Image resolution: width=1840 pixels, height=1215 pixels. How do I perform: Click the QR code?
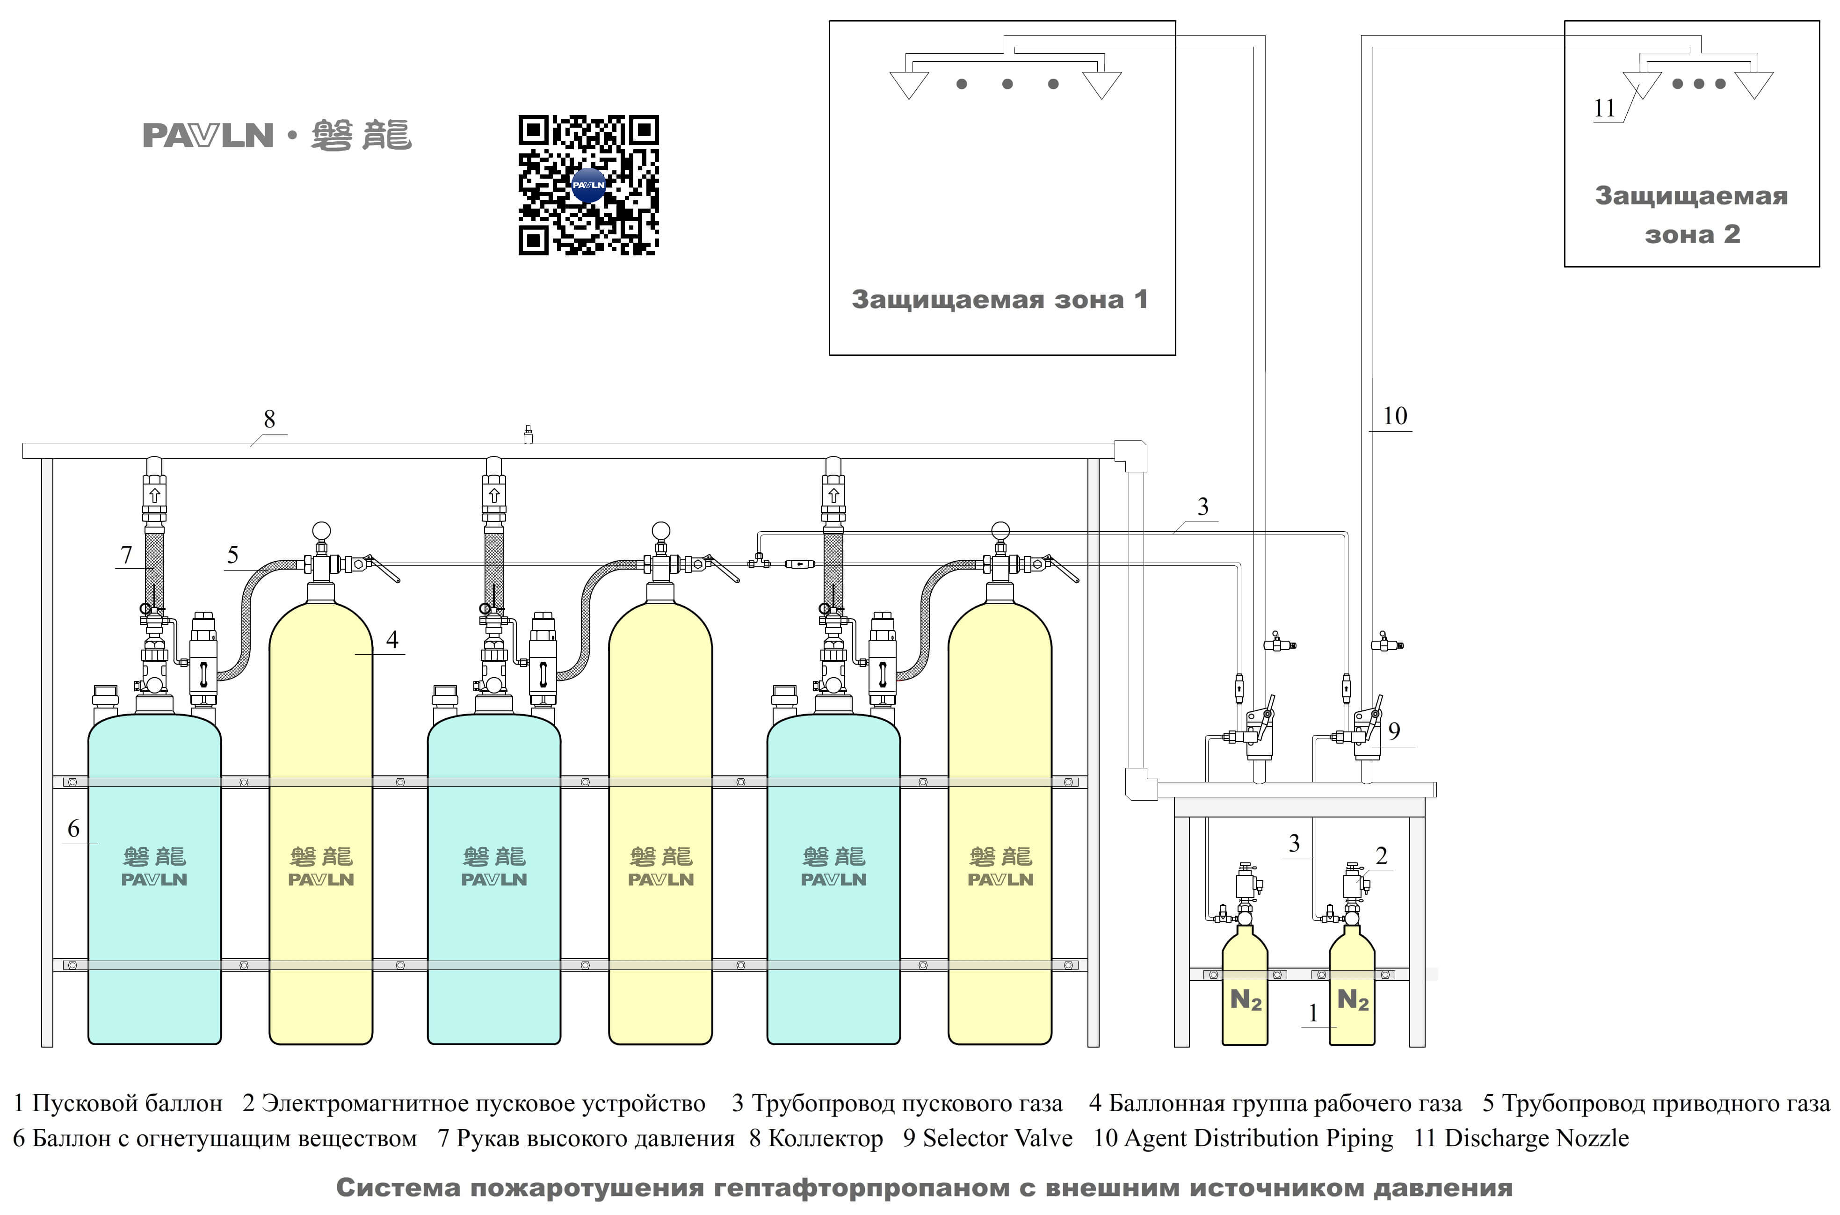[588, 185]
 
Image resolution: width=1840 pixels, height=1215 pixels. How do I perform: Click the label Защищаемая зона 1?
[1000, 299]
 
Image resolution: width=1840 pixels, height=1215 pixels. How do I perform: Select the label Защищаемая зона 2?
[1691, 215]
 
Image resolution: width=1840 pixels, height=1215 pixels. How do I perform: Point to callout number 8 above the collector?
[269, 419]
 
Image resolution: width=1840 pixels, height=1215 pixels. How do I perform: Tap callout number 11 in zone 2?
[1604, 108]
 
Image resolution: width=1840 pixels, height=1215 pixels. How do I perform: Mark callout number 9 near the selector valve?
[1394, 730]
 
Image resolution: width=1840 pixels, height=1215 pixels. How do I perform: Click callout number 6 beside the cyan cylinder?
[73, 828]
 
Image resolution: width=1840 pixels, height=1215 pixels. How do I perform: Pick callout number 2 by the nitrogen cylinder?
[1381, 856]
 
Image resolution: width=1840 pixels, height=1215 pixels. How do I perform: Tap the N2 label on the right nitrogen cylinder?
[1353, 1000]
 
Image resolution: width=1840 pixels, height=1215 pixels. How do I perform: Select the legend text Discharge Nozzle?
[1536, 1138]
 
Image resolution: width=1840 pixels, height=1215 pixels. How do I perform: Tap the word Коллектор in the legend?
[825, 1138]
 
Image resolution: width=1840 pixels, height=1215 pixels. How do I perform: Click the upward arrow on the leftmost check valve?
[154, 495]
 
